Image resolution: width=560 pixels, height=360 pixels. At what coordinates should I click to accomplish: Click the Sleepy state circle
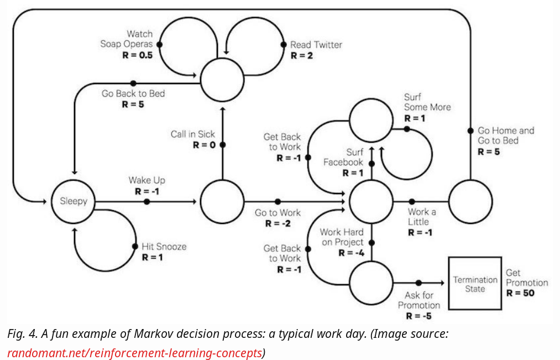pyautogui.click(x=74, y=201)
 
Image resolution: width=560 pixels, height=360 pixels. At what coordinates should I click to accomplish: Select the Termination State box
pyautogui.click(x=475, y=283)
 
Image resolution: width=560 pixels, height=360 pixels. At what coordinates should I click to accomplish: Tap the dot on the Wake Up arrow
pyautogui.click(x=146, y=201)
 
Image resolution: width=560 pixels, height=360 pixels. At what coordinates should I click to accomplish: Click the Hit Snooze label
pyautogui.click(x=164, y=247)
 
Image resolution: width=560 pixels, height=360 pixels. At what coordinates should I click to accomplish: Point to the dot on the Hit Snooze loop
pyautogui.click(x=134, y=247)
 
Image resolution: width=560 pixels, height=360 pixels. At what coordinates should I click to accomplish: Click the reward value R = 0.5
pyautogui.click(x=137, y=56)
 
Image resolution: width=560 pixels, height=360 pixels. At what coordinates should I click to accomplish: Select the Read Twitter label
pyautogui.click(x=316, y=45)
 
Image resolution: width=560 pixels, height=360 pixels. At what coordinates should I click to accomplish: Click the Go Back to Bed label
pyautogui.click(x=133, y=93)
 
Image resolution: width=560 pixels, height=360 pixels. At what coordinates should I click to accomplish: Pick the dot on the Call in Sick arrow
pyautogui.click(x=222, y=145)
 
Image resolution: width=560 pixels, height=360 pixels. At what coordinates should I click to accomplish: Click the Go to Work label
pyautogui.click(x=278, y=213)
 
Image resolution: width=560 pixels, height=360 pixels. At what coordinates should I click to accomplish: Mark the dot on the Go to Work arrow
pyautogui.click(x=278, y=201)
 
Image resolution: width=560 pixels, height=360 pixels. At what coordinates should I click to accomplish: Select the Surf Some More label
pyautogui.click(x=427, y=102)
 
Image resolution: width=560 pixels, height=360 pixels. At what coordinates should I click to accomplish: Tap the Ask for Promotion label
pyautogui.click(x=418, y=300)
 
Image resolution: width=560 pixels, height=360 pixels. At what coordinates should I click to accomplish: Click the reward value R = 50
pyautogui.click(x=520, y=293)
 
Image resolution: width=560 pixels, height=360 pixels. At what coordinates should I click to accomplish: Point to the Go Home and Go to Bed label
pyautogui.click(x=505, y=135)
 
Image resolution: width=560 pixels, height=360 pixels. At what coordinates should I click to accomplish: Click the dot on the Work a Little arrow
pyautogui.click(x=412, y=201)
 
